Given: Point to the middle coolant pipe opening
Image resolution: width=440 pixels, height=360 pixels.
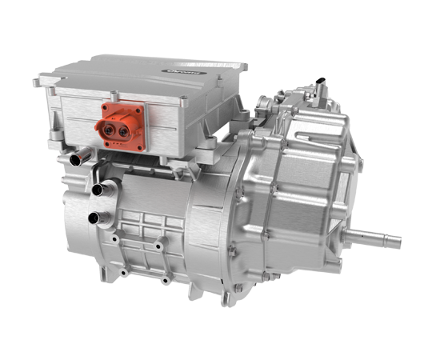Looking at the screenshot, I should [98, 190].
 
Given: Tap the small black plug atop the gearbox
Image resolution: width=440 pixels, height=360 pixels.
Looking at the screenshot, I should [321, 83].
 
